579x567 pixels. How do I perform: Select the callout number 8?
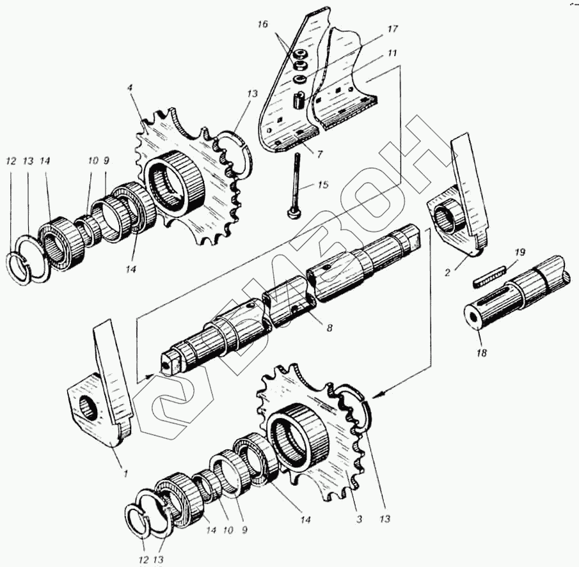[x=329, y=327]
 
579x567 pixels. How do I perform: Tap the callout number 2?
[x=448, y=270]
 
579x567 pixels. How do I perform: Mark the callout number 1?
[x=125, y=473]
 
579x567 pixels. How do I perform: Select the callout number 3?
[x=359, y=520]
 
